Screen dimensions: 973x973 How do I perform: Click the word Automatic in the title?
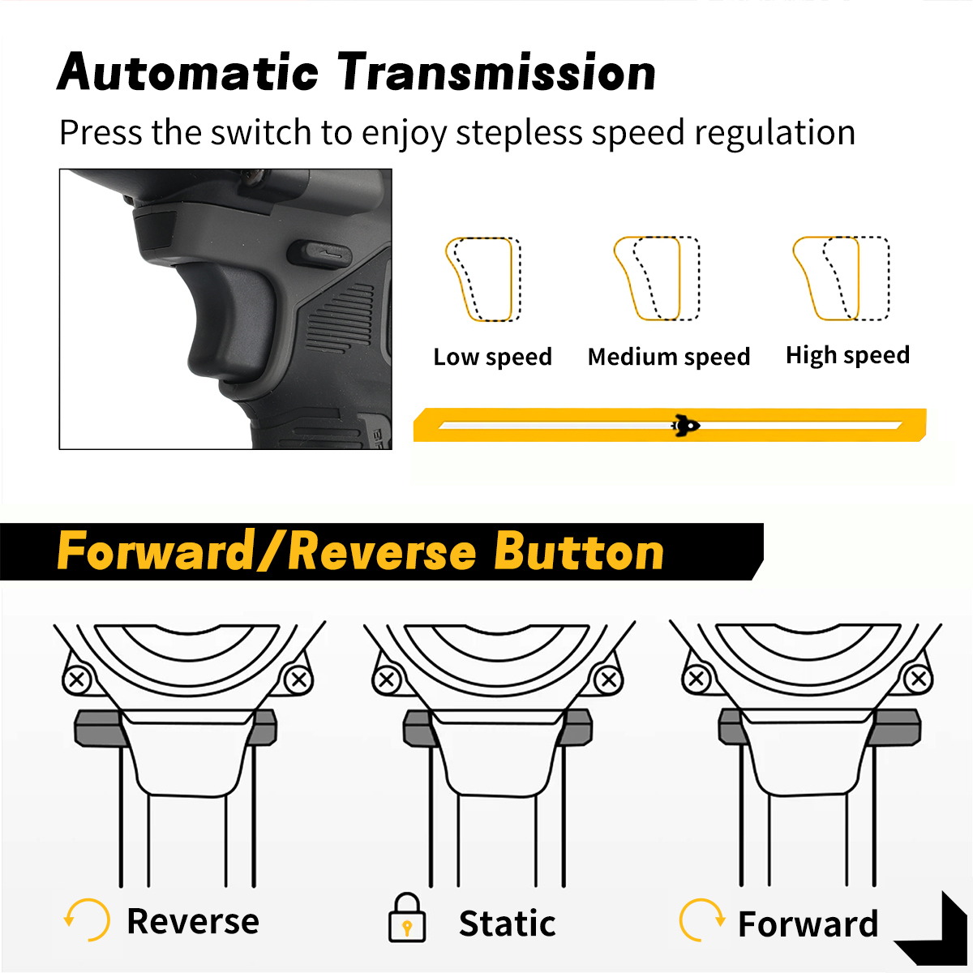coord(187,71)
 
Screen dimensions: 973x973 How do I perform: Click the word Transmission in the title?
coord(496,71)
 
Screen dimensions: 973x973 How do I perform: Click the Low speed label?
coord(492,357)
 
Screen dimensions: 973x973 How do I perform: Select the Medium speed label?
coord(668,357)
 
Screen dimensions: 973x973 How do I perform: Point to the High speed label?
coord(848,355)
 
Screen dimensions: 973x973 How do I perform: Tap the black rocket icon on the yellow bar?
coord(685,425)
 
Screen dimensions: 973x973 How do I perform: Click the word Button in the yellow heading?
coord(579,551)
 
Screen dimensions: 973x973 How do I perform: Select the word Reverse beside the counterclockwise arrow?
coord(193,921)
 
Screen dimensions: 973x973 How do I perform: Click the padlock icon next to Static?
coord(406,917)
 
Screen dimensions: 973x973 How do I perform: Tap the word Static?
coord(507,924)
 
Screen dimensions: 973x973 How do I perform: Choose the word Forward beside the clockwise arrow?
coord(808,924)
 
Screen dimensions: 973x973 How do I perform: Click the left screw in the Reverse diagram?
coord(77,679)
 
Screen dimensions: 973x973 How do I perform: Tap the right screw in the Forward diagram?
coord(918,679)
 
